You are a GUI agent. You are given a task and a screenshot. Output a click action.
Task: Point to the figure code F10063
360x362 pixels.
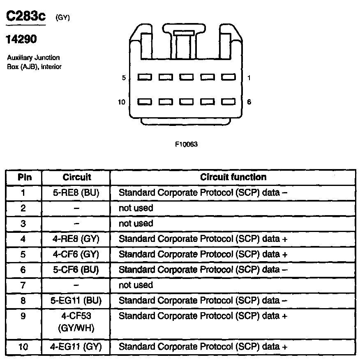click(187, 144)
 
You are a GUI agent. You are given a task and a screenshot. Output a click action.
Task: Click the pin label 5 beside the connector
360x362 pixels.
click(124, 78)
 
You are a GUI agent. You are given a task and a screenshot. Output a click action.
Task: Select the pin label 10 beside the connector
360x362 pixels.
click(122, 102)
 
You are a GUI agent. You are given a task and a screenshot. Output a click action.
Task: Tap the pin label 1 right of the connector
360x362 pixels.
click(249, 78)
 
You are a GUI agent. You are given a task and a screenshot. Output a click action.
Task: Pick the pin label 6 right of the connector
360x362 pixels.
click(249, 102)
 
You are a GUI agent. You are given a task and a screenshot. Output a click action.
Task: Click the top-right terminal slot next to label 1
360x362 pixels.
click(228, 77)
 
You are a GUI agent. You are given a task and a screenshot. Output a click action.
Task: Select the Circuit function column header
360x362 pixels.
click(233, 177)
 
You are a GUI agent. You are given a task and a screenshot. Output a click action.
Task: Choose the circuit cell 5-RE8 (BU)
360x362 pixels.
click(76, 193)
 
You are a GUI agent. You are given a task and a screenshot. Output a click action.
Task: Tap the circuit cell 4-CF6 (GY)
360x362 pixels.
click(76, 254)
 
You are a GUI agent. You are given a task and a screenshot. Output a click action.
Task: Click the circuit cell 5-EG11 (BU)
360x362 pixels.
click(76, 301)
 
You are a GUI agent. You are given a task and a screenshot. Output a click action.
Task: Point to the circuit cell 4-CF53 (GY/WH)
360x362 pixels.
click(76, 323)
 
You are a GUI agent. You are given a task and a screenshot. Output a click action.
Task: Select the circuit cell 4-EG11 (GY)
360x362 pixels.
click(76, 347)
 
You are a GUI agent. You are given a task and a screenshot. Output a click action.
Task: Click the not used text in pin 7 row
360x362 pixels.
click(136, 285)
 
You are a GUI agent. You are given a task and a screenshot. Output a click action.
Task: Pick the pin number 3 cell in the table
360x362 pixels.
click(23, 223)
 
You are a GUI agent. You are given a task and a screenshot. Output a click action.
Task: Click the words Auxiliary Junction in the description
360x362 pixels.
click(33, 58)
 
